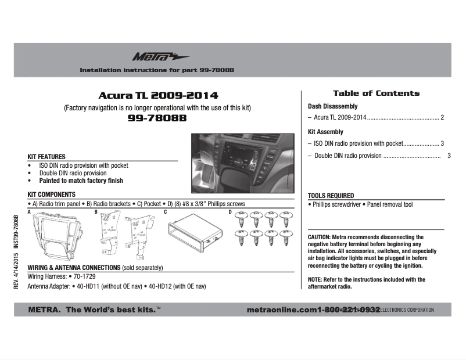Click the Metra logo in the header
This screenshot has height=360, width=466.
click(152, 57)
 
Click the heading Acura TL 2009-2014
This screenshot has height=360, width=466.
click(158, 95)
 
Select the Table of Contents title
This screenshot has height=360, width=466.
click(376, 93)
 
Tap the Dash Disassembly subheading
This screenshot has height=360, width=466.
click(332, 107)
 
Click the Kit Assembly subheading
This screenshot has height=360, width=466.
click(325, 132)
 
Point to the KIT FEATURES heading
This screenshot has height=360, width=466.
click(46, 157)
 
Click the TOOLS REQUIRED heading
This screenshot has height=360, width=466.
click(331, 196)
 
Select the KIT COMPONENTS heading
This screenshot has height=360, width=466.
click(52, 195)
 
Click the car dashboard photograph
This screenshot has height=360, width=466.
click(243, 163)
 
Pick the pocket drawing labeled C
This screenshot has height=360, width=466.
click(195, 234)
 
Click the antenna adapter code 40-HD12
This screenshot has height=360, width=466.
click(162, 286)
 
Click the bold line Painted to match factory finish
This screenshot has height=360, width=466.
click(81, 181)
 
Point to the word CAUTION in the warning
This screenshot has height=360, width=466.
click(319, 237)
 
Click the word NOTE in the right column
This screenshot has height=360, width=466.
click(315, 279)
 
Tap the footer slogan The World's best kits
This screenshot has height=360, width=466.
click(110, 310)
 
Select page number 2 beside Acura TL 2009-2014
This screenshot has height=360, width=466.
click(442, 118)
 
